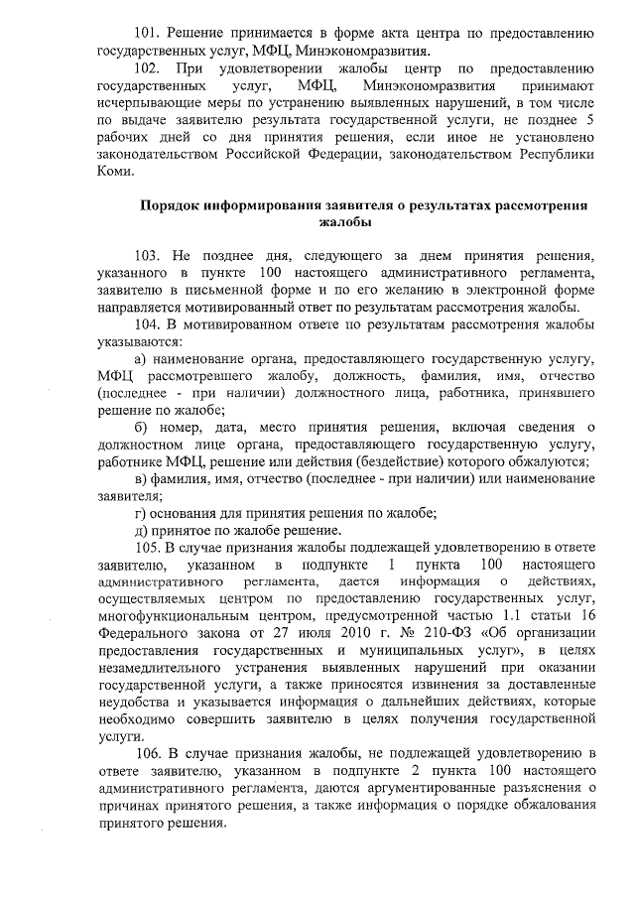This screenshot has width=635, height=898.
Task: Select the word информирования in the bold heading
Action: (x=261, y=206)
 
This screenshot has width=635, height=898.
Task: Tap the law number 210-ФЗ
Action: (x=448, y=633)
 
